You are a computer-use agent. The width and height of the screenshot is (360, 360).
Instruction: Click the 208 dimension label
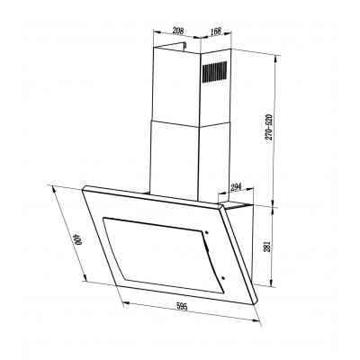pyautogui.click(x=178, y=31)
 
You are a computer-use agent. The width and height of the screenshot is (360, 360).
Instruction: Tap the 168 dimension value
pyautogui.click(x=215, y=31)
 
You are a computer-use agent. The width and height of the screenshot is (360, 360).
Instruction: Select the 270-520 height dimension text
pyautogui.click(x=269, y=128)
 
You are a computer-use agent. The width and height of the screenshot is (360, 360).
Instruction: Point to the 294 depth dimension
pyautogui.click(x=236, y=188)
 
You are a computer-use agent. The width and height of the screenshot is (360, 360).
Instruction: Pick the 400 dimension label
pyautogui.click(x=79, y=240)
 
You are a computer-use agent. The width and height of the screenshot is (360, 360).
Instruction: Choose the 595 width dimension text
pyautogui.click(x=182, y=307)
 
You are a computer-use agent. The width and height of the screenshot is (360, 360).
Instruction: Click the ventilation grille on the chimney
pyautogui.click(x=214, y=72)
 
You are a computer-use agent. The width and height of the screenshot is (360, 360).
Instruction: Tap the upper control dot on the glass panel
pyautogui.click(x=207, y=232)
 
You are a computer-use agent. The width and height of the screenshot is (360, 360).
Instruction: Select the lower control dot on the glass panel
pyautogui.click(x=223, y=278)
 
